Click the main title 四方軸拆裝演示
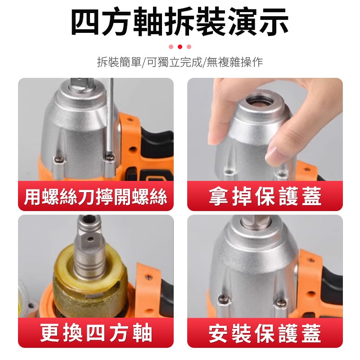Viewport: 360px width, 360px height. (x=180, y=21)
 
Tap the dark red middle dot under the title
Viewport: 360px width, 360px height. (x=180, y=47)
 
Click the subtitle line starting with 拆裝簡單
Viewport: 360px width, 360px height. (x=180, y=62)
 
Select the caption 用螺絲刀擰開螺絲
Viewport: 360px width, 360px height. (x=95, y=197)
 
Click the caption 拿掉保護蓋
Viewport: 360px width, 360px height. (x=265, y=196)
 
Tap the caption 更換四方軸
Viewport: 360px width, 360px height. (x=96, y=333)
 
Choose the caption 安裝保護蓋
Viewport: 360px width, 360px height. (x=265, y=333)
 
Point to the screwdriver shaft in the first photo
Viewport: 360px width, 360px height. (x=111, y=115)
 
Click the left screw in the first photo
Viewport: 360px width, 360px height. (x=59, y=158)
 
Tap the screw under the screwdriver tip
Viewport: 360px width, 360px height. (x=110, y=157)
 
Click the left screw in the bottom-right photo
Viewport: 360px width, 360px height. (x=222, y=298)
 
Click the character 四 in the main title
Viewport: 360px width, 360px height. (x=85, y=22)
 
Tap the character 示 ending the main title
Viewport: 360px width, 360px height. (x=274, y=22)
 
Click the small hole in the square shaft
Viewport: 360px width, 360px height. (x=91, y=239)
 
